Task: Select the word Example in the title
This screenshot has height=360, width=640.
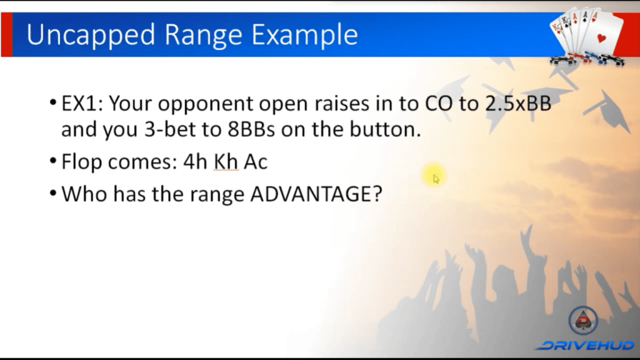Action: point(304,35)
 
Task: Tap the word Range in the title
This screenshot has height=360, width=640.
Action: point(203,36)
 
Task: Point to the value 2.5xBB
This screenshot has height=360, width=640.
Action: point(518,103)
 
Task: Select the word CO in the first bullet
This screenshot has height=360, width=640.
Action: point(439,103)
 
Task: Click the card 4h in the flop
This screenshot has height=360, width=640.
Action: point(196,161)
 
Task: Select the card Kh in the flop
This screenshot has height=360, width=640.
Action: point(226,161)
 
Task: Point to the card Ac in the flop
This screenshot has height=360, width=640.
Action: point(256,162)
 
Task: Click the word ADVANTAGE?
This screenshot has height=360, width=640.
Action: point(316,194)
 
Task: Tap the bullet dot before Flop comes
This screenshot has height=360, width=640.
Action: point(53,161)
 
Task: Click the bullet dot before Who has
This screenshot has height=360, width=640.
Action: point(53,193)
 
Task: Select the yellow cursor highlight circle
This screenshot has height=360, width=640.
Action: point(434,176)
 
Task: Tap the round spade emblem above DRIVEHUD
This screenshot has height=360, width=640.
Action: point(583,321)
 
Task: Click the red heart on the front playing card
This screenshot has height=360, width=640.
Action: point(601,39)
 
